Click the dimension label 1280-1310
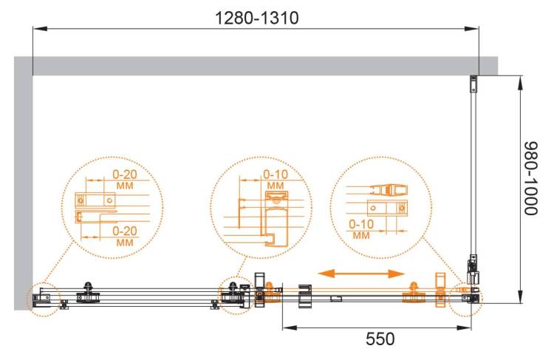[x=257, y=18]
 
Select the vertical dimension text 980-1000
[x=530, y=179]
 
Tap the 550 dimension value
[x=380, y=339]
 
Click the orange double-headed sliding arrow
[x=361, y=274]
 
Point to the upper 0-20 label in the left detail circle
[x=124, y=174]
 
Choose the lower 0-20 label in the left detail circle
[x=124, y=231]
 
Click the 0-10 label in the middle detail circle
[x=276, y=174]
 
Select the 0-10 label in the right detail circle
[x=361, y=224]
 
